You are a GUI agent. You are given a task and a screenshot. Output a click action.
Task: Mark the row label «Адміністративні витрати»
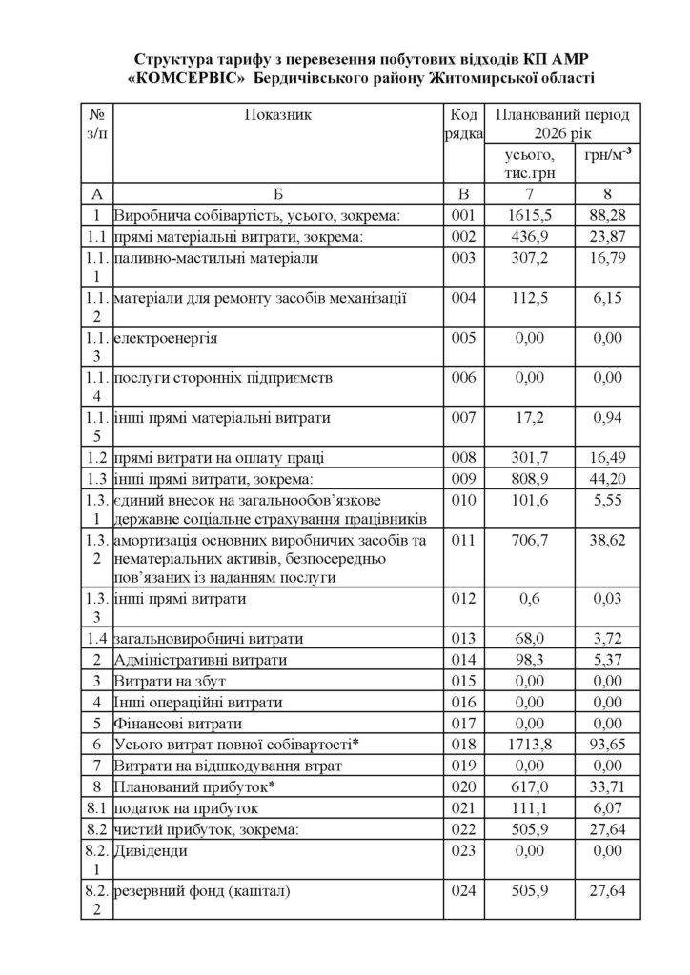click(x=198, y=660)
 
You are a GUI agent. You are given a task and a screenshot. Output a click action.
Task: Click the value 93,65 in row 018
click(x=601, y=744)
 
